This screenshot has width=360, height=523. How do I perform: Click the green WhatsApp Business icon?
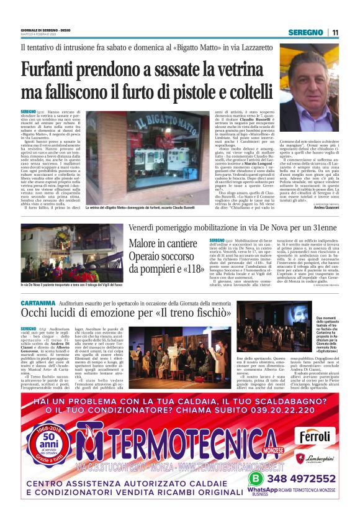click(x=254, y=479)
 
